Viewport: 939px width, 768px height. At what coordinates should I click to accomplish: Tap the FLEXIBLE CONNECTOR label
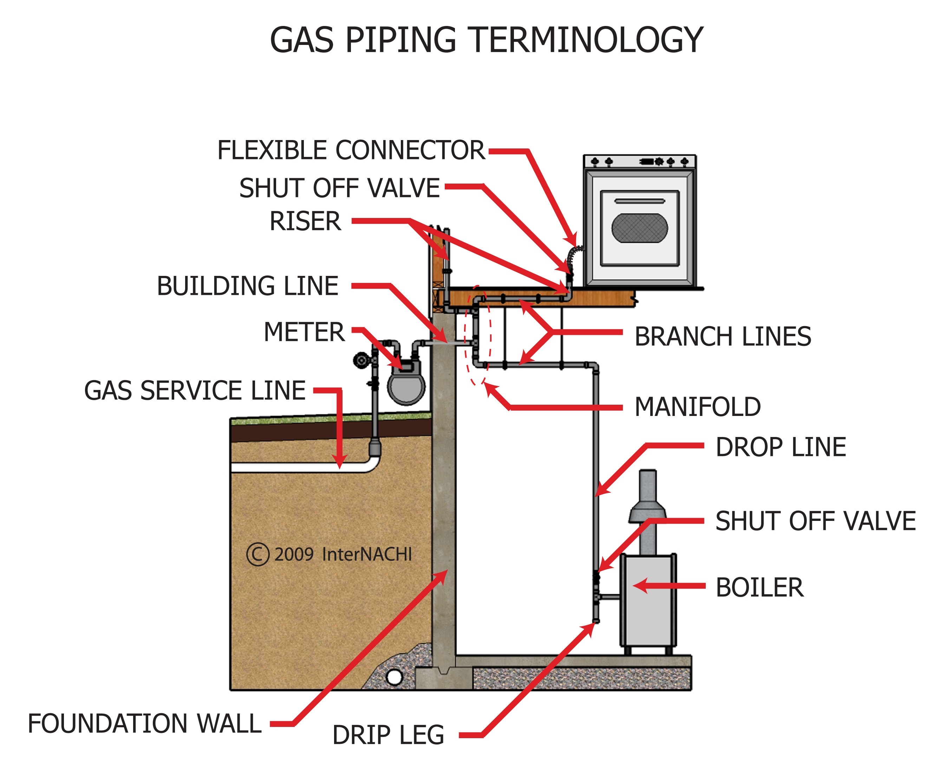pyautogui.click(x=351, y=151)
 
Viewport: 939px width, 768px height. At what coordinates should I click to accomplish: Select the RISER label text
pyautogui.click(x=306, y=221)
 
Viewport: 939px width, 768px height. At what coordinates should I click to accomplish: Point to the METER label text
pyautogui.click(x=304, y=332)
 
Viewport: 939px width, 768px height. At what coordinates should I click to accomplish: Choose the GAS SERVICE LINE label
pyautogui.click(x=195, y=391)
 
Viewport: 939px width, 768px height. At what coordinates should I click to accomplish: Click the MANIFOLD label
pyautogui.click(x=697, y=407)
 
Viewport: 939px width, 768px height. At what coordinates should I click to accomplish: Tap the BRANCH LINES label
pyautogui.click(x=723, y=337)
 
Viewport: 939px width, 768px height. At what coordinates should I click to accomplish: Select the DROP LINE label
pyautogui.click(x=781, y=447)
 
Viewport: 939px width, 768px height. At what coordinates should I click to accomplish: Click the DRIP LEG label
pyautogui.click(x=388, y=735)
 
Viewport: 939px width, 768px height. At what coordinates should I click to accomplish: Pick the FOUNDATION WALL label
pyautogui.click(x=144, y=724)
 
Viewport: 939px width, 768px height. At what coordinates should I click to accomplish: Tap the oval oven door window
pyautogui.click(x=639, y=228)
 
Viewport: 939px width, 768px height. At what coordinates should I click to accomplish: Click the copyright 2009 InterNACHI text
pyautogui.click(x=330, y=554)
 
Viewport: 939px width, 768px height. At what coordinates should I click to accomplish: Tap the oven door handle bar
pyautogui.click(x=639, y=201)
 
